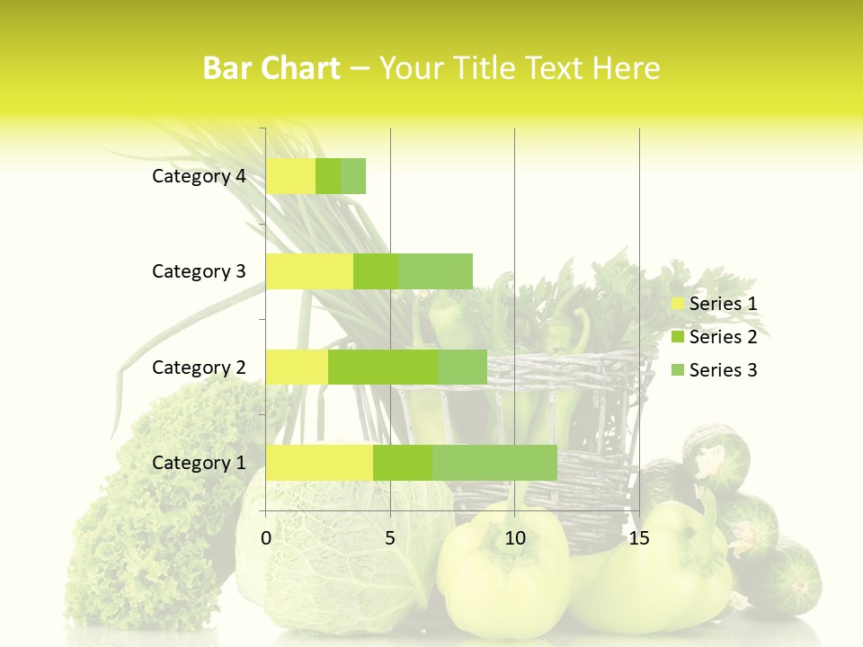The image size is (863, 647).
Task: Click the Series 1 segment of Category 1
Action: point(319,462)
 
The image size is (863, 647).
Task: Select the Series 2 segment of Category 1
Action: point(403,462)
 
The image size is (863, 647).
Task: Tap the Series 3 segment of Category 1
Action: point(494,462)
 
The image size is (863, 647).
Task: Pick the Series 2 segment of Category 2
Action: point(383,367)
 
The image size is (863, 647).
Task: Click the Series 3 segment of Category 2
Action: point(462,367)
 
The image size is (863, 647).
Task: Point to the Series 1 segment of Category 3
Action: point(309,271)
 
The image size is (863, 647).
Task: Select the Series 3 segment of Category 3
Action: point(435,271)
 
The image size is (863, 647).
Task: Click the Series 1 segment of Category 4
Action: point(290,176)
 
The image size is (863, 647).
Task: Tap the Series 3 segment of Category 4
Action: point(353,176)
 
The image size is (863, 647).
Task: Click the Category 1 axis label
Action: point(199,463)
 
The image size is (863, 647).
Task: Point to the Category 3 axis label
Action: point(199,271)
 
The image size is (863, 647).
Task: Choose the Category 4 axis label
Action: point(199,176)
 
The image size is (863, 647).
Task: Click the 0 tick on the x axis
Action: point(266,538)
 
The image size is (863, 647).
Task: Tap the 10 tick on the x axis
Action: point(514,538)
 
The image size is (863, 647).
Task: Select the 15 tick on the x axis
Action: point(639,538)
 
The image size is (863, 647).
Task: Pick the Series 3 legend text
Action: point(723,370)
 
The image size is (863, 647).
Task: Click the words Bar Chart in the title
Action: point(271,68)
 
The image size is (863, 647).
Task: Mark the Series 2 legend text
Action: point(723,337)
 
